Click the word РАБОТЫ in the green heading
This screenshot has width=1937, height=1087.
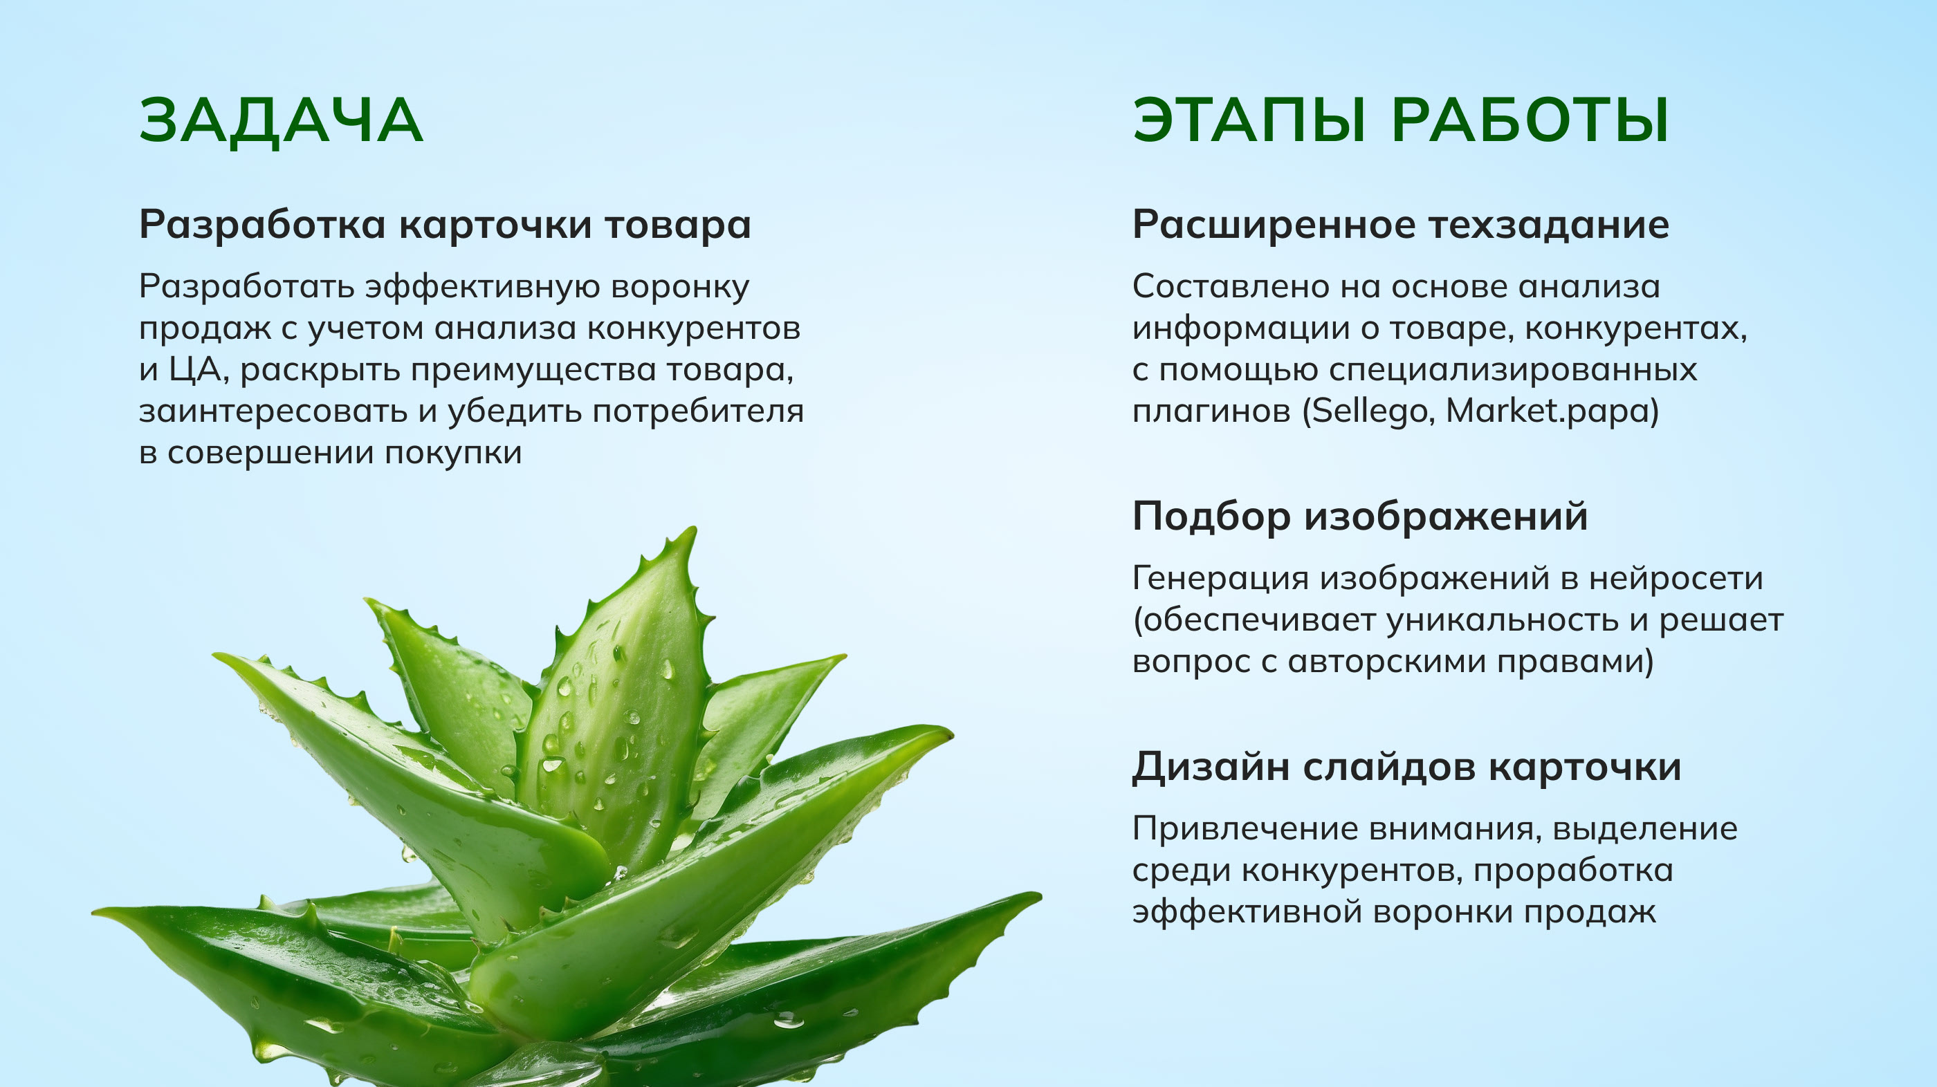1530,121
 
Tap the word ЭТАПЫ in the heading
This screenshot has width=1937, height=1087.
1249,121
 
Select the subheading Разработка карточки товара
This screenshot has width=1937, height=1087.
445,225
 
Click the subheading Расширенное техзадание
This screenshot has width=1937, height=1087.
1401,225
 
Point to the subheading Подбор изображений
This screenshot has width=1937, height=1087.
1360,517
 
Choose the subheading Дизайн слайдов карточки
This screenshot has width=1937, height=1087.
1407,767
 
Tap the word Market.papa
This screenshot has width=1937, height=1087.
1549,411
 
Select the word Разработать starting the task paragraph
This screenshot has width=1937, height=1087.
248,287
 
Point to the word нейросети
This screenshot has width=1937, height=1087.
1676,578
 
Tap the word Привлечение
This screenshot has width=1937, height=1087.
1244,829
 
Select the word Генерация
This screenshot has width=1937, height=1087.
1220,579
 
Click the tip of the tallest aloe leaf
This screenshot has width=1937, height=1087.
693,528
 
